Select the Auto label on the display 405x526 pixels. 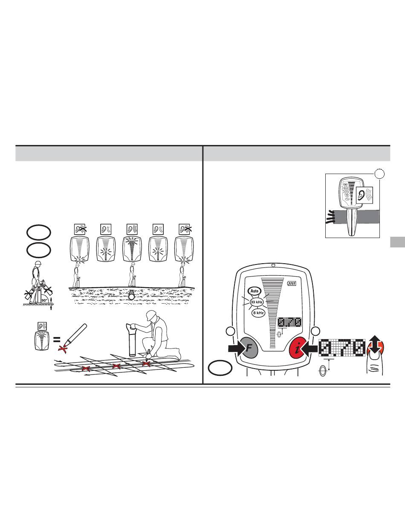(x=255, y=291)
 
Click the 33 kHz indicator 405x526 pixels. (x=257, y=302)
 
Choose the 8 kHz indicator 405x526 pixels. (x=258, y=313)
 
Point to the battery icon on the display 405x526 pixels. (x=291, y=283)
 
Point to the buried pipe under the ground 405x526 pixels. (x=132, y=295)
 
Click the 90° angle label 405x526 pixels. (x=45, y=300)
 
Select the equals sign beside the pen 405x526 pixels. (x=57, y=340)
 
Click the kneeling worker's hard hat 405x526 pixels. (x=152, y=315)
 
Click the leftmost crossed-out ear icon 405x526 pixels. (x=80, y=229)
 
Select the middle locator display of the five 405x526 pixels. (x=132, y=249)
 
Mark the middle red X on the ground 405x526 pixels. (x=116, y=366)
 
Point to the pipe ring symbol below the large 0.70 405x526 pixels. (x=322, y=371)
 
